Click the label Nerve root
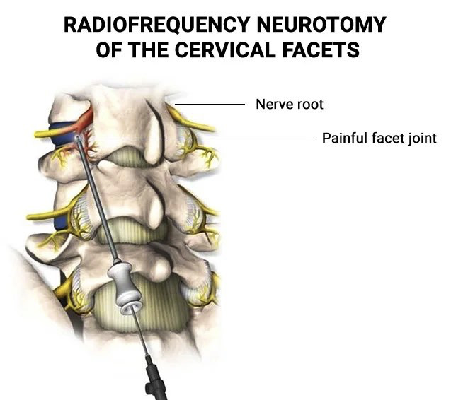tap(289, 105)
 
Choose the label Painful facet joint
tap(379, 139)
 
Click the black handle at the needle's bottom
tap(154, 378)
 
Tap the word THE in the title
tap(144, 51)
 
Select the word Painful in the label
tap(343, 139)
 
